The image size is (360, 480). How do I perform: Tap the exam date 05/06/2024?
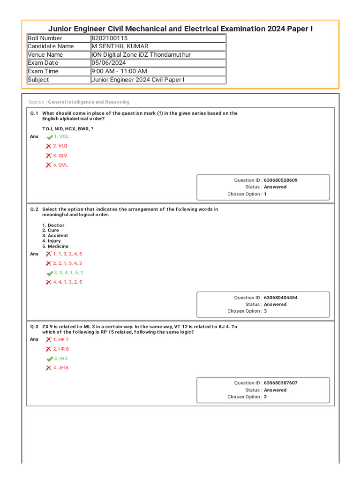[x=109, y=63]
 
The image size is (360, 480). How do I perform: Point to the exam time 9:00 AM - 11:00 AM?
[x=119, y=71]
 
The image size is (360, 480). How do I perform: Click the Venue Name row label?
[x=45, y=55]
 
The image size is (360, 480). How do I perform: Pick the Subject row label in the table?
[x=38, y=80]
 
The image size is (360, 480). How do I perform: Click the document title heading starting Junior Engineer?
[x=180, y=29]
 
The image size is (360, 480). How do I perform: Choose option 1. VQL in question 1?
[x=61, y=136]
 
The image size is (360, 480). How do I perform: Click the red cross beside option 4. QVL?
[x=48, y=165]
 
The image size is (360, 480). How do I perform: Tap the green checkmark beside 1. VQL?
[x=50, y=137]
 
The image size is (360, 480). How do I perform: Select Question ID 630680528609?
[x=280, y=180]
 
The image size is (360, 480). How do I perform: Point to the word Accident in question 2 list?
[x=58, y=236]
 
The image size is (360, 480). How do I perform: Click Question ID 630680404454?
[x=280, y=298]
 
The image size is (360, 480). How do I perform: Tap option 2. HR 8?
[x=60, y=349]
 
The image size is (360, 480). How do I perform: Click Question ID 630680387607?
[x=280, y=383]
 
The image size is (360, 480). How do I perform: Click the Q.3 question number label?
[x=34, y=327]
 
